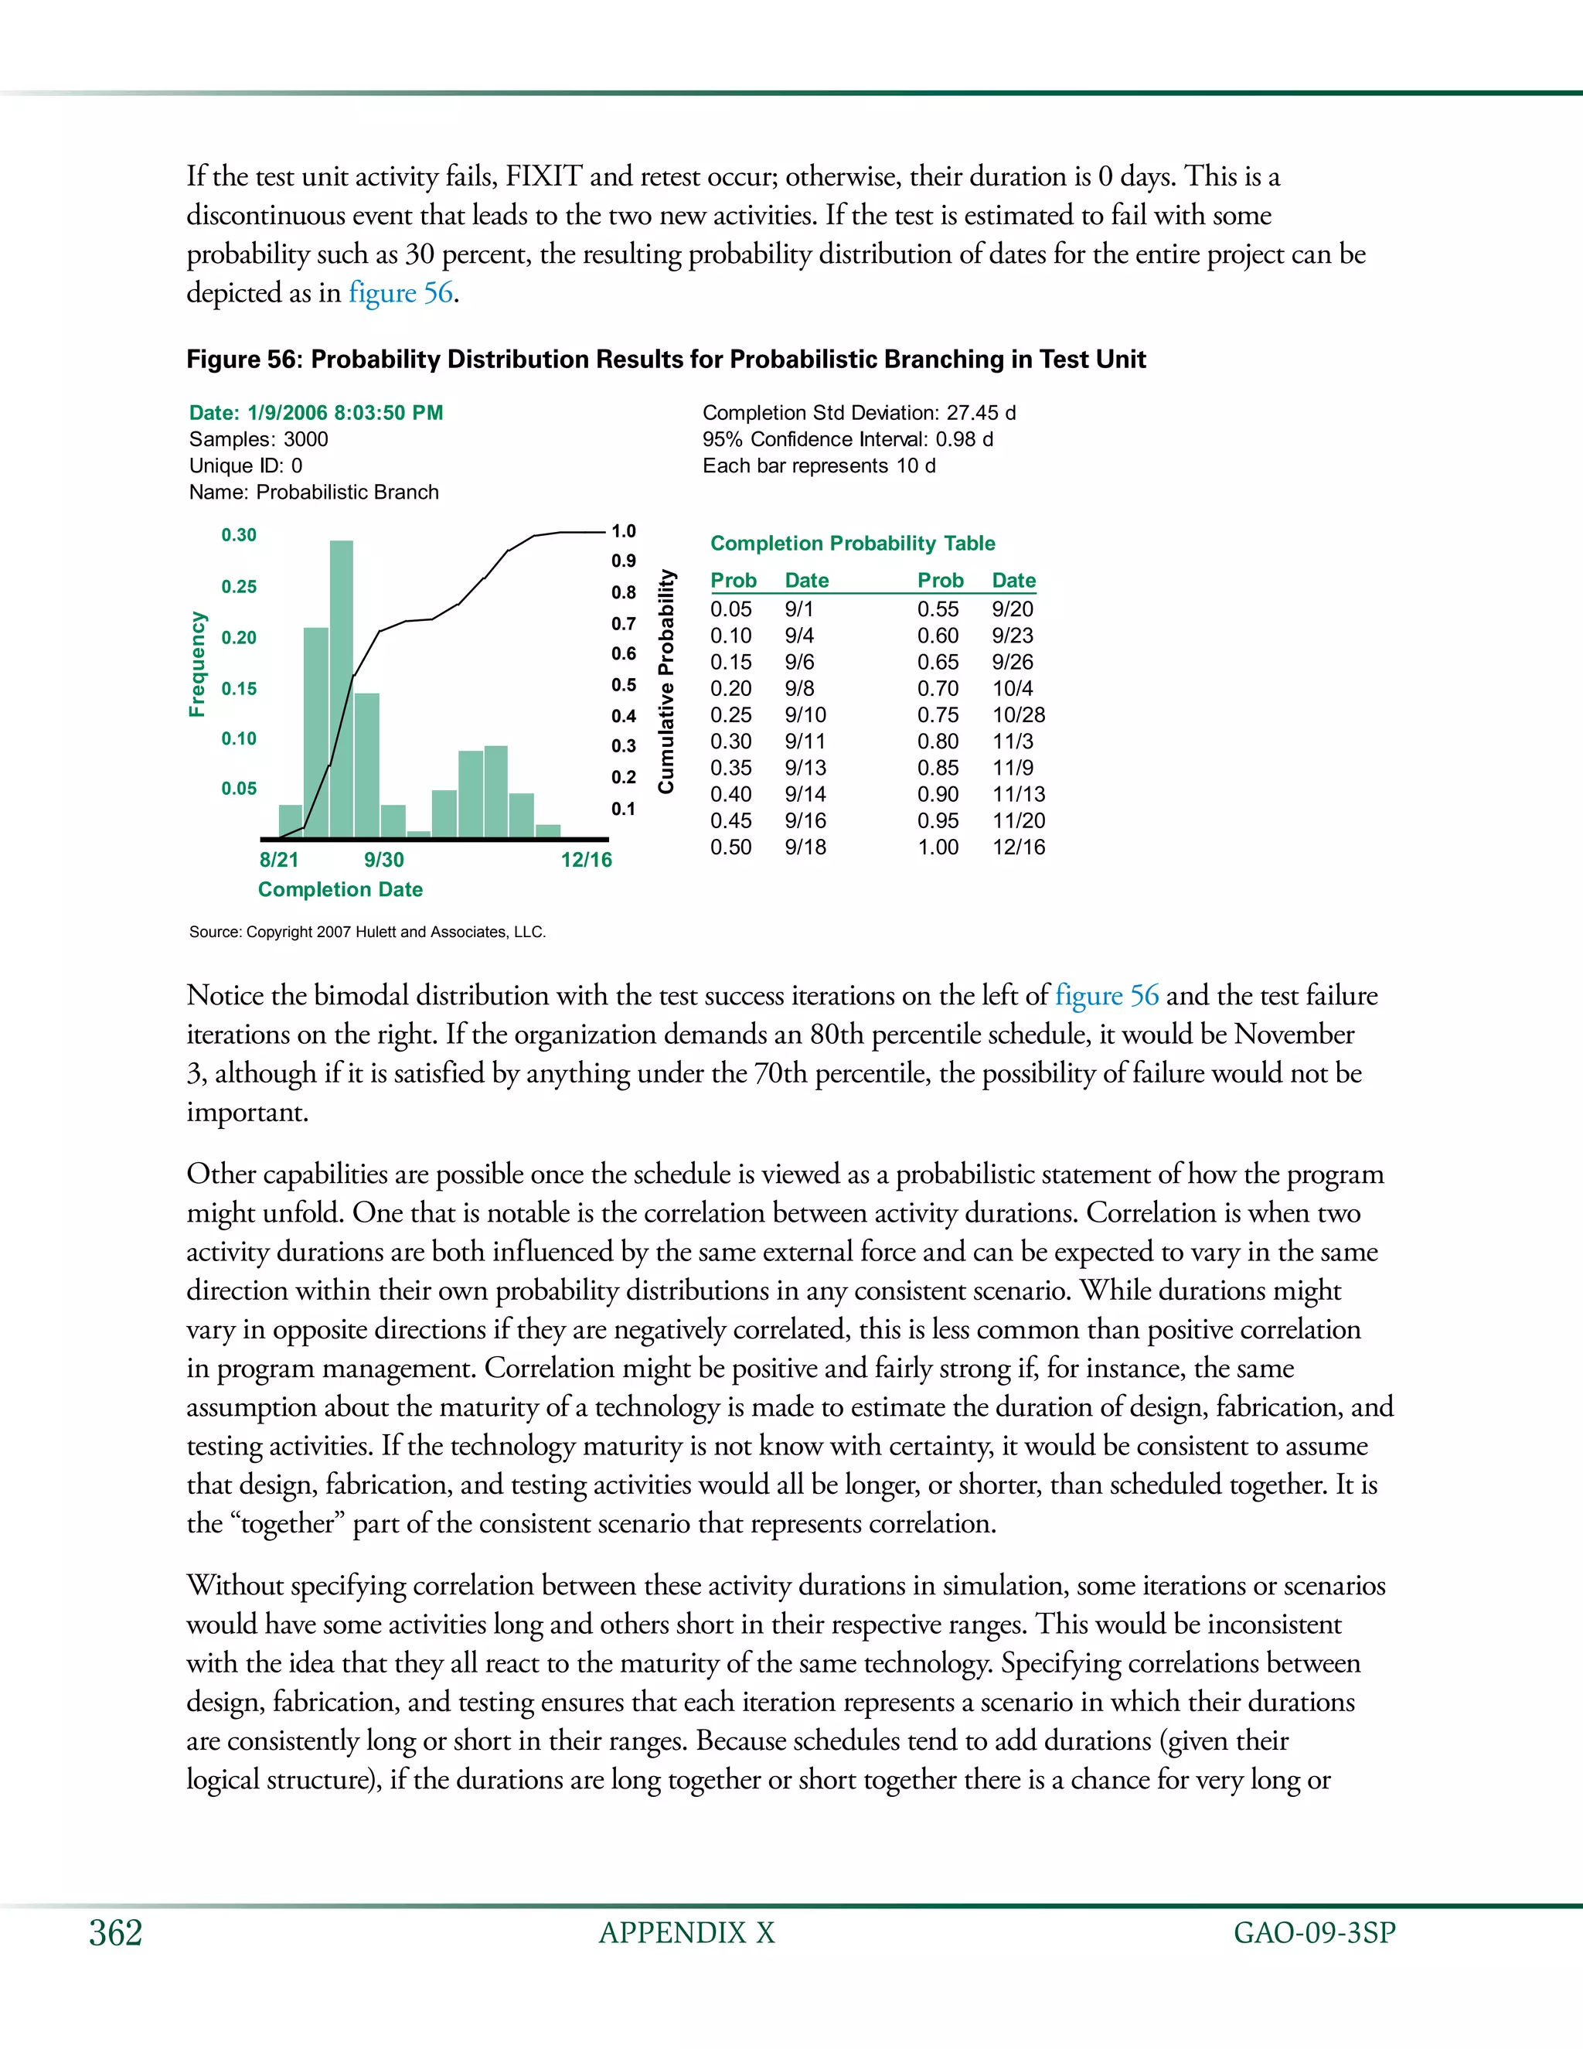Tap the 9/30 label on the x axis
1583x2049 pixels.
(x=383, y=859)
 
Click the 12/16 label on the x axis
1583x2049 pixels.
(x=586, y=859)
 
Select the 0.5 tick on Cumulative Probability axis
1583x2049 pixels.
(x=624, y=685)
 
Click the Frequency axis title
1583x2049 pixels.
(x=197, y=663)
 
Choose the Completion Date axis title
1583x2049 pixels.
(x=340, y=889)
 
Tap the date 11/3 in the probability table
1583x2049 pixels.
(x=1013, y=742)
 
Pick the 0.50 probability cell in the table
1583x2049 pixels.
(x=730, y=847)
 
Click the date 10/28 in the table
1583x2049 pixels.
(x=1019, y=715)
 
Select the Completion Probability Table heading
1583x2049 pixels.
(x=853, y=544)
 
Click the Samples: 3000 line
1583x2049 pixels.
(x=259, y=439)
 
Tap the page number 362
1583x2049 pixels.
(x=115, y=1933)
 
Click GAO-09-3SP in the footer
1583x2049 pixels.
(x=1315, y=1933)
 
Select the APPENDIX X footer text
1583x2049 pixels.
(x=686, y=1933)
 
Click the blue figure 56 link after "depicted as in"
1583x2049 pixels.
(x=401, y=293)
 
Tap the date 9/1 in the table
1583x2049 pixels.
(x=799, y=609)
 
